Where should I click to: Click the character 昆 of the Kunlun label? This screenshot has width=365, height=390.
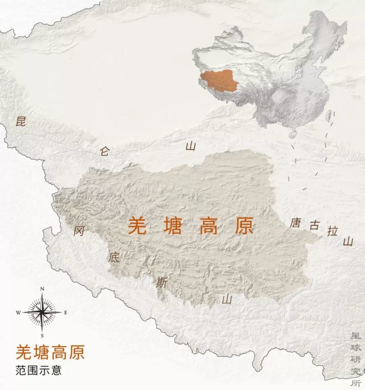pyautogui.click(x=20, y=121)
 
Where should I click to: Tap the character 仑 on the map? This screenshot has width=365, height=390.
pyautogui.click(x=105, y=151)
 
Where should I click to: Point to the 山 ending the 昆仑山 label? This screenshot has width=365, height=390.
pyautogui.click(x=190, y=146)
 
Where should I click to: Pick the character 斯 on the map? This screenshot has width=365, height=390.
pyautogui.click(x=162, y=282)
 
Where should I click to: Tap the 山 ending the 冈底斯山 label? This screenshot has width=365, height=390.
pyautogui.click(x=227, y=299)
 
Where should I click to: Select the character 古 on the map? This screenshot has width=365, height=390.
pyautogui.click(x=314, y=226)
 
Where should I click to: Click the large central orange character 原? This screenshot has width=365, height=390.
pyautogui.click(x=244, y=225)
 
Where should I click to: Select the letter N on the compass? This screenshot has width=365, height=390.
pyautogui.click(x=42, y=289)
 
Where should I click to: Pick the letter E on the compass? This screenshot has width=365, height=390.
pyautogui.click(x=65, y=312)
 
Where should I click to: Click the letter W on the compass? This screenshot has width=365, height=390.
pyautogui.click(x=18, y=312)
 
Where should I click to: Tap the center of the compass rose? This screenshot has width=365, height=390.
pyautogui.click(x=42, y=312)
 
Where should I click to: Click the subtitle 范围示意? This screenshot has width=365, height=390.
pyautogui.click(x=39, y=370)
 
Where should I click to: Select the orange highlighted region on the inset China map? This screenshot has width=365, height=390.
pyautogui.click(x=218, y=83)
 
